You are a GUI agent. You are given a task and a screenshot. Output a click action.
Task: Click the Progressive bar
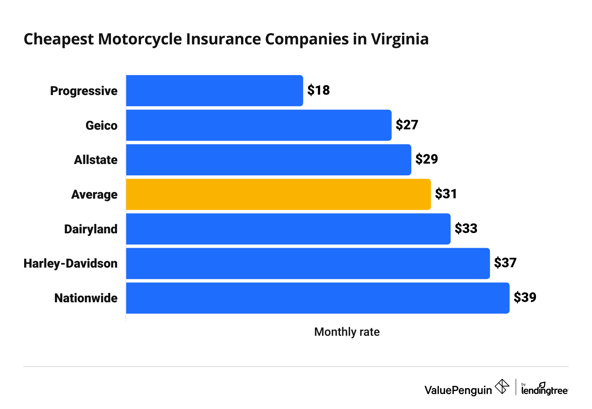[x=214, y=91]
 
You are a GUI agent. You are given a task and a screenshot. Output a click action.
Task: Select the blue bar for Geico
[x=259, y=125]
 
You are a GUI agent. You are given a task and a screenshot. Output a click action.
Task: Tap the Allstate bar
[x=268, y=160]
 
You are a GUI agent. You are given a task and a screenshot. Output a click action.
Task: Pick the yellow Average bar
[x=278, y=194]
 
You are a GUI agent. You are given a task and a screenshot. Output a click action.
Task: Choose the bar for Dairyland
[x=288, y=229]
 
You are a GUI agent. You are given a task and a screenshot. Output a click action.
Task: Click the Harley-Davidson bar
[x=308, y=263]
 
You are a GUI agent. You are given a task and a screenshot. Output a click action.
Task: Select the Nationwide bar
[x=317, y=298]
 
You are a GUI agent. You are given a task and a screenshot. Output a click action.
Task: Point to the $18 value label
[x=318, y=90]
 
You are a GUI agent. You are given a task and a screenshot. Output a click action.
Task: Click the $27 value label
[x=407, y=125]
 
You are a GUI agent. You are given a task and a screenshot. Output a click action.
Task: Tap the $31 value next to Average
[x=446, y=194]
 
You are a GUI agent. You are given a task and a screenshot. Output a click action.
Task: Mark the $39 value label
[x=525, y=298]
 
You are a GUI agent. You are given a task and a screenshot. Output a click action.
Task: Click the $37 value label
[x=505, y=263]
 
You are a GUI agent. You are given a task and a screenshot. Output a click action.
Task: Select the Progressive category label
[x=84, y=91]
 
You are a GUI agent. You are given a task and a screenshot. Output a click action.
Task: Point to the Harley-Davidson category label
[x=70, y=264]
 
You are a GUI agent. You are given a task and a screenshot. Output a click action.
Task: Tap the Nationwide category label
[x=86, y=298]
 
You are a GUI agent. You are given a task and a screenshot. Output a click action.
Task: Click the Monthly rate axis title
[x=347, y=332]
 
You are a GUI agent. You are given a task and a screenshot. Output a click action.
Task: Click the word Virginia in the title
[x=400, y=39]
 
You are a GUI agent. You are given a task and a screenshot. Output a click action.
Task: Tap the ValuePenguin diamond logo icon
[x=502, y=387]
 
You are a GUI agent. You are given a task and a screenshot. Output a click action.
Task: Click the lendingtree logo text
[x=544, y=390]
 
